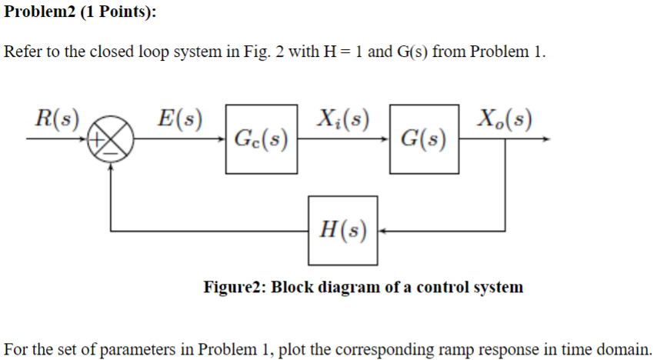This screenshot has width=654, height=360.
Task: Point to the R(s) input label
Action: (x=58, y=119)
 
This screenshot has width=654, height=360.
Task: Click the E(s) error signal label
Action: (x=179, y=119)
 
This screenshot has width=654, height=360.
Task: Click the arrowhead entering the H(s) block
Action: (x=382, y=229)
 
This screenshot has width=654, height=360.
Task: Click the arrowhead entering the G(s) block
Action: (x=386, y=141)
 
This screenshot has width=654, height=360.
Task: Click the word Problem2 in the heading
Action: (x=38, y=14)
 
